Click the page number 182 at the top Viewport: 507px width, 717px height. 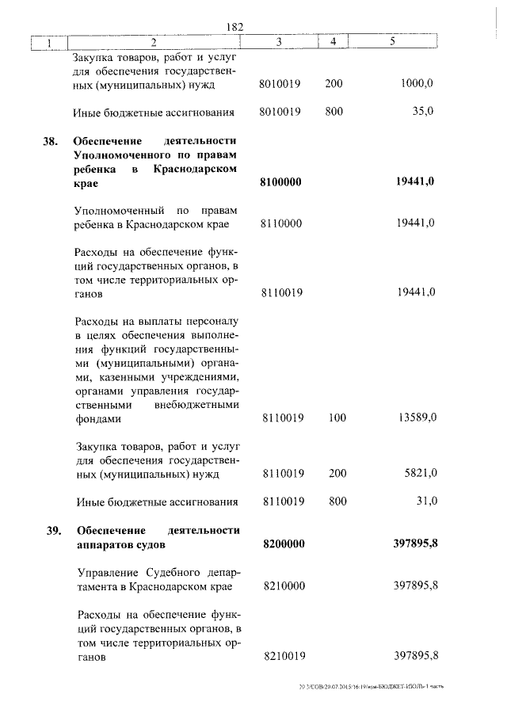click(x=234, y=27)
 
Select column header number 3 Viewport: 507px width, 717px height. click(x=280, y=42)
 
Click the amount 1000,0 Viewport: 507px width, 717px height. click(x=417, y=86)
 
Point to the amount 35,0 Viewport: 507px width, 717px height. click(x=422, y=112)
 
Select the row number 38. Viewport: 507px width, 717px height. click(x=51, y=142)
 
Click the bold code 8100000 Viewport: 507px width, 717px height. click(x=282, y=182)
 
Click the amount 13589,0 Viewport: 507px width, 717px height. click(x=417, y=418)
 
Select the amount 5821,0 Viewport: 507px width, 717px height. click(x=420, y=474)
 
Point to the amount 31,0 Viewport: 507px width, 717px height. click(x=426, y=501)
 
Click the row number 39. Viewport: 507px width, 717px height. click(x=51, y=530)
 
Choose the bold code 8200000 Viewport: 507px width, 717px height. click(x=282, y=544)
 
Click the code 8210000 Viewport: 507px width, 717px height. click(x=282, y=586)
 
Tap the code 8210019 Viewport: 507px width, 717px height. click(x=282, y=656)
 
